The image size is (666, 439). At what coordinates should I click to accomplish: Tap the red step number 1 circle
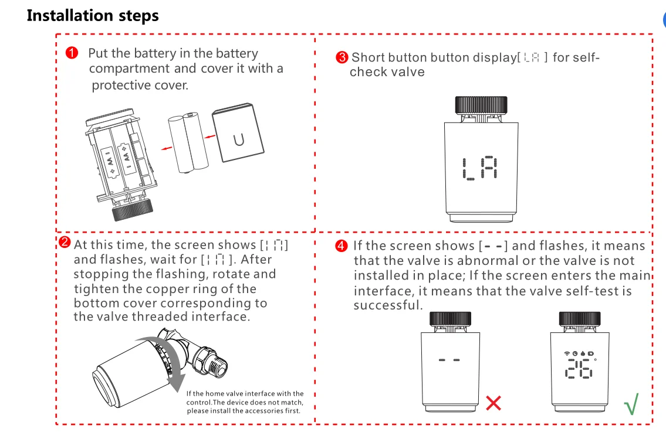(72, 53)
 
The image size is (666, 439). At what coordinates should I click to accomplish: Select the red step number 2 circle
(65, 243)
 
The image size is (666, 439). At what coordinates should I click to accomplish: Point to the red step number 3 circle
(342, 57)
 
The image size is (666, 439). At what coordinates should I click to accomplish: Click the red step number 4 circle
(342, 246)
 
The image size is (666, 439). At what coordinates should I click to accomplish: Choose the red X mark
(493, 403)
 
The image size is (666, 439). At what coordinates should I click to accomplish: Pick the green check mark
(631, 404)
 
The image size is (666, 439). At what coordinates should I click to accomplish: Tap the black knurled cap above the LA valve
(480, 104)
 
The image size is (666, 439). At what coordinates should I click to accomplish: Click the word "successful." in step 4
(388, 305)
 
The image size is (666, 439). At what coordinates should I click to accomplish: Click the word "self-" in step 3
(584, 57)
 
